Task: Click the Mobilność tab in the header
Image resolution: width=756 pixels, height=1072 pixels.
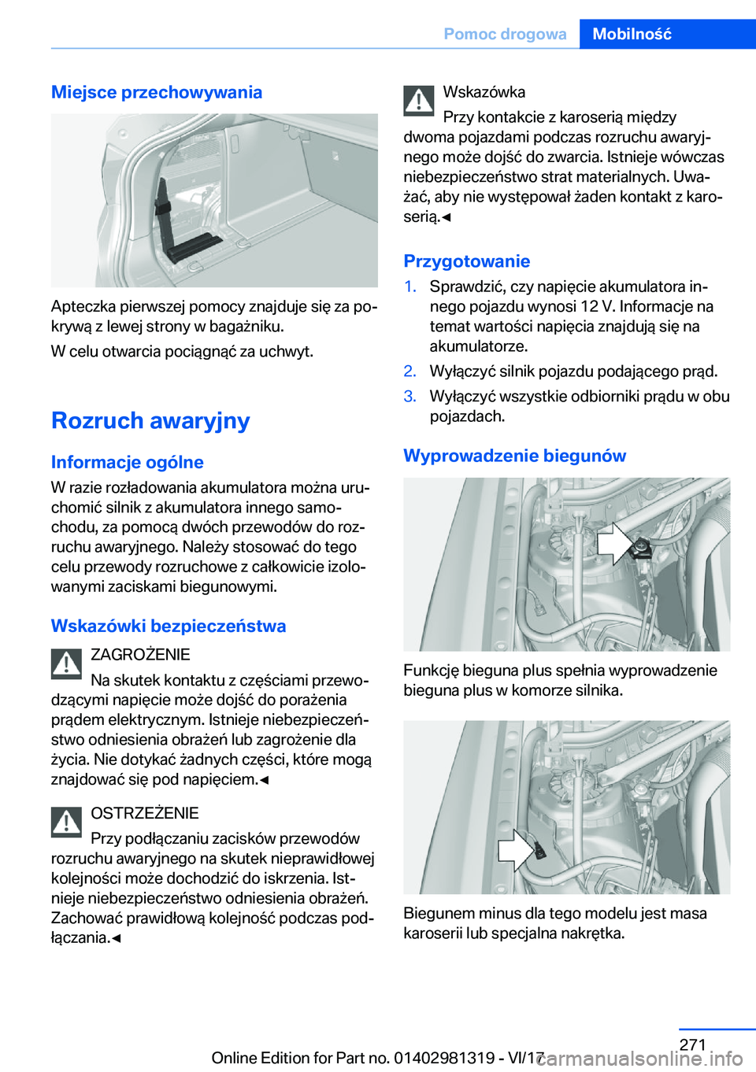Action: tap(632, 34)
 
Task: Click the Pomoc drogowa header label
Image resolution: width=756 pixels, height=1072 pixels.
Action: tap(505, 34)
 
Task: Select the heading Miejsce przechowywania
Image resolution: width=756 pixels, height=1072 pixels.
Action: tap(157, 92)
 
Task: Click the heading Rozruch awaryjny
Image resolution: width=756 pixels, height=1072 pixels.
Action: tap(150, 420)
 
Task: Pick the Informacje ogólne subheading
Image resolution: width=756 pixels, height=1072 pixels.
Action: tap(128, 462)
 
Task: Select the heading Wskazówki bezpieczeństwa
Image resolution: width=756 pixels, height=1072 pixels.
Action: tap(169, 626)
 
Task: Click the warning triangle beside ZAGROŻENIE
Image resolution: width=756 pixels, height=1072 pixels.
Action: tap(67, 664)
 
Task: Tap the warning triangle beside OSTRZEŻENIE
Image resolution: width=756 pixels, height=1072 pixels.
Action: tap(67, 822)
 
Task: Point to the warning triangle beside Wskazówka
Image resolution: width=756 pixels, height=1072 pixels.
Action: tap(419, 101)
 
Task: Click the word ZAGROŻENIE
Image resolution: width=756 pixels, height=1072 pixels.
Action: tap(140, 655)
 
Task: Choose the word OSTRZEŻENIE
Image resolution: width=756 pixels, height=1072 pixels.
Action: tap(145, 813)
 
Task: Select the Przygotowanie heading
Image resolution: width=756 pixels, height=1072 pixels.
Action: tap(467, 261)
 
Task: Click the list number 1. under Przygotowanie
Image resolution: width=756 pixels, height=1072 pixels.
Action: tap(410, 286)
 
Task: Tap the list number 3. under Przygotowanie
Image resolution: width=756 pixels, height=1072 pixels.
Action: tap(410, 397)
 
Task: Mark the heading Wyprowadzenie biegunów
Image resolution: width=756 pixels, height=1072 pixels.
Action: tap(515, 456)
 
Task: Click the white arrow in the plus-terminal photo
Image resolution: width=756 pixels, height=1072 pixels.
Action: tap(614, 544)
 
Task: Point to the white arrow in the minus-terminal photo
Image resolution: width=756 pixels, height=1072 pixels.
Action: tap(516, 850)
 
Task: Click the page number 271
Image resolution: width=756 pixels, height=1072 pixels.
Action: tap(692, 1044)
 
